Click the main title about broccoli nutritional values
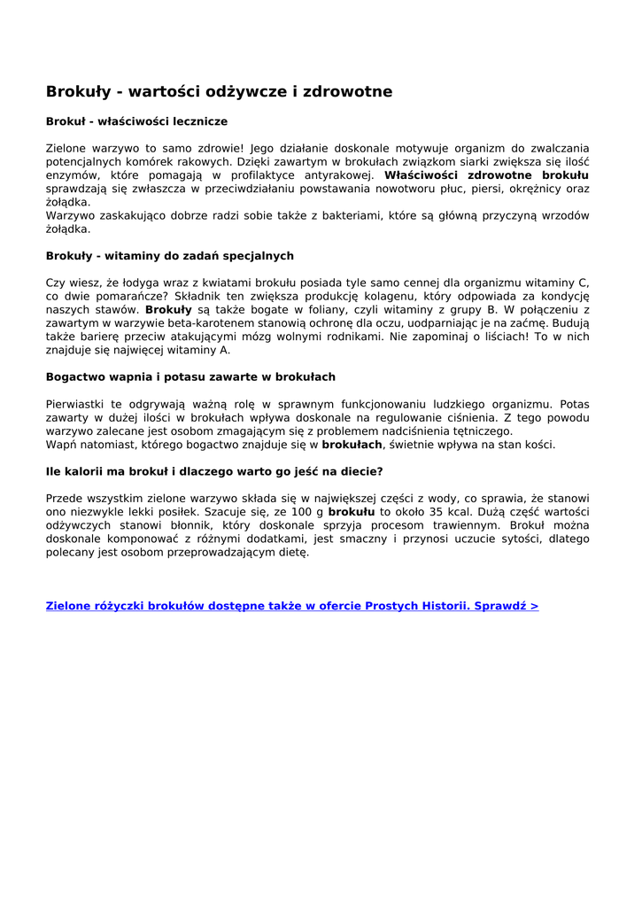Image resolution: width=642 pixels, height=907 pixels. click(219, 92)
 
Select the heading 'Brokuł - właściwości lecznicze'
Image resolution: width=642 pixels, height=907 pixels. click(136, 121)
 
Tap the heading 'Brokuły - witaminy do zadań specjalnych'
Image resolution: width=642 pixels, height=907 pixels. click(169, 256)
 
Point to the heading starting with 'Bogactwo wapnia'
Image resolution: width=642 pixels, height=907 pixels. click(190, 377)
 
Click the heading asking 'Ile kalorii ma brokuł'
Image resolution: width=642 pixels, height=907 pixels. click(214, 471)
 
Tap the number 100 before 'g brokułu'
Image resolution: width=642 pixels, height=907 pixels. click(304, 512)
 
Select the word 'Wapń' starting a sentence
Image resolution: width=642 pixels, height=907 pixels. click(61, 445)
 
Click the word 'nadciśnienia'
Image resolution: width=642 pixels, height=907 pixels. click(392, 431)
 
